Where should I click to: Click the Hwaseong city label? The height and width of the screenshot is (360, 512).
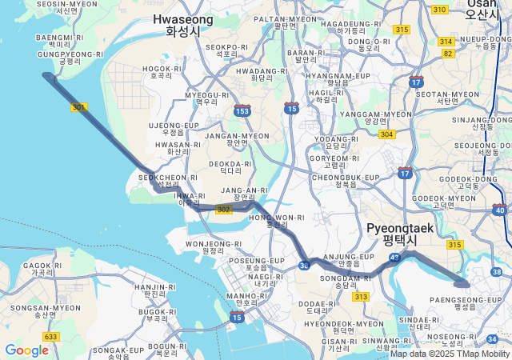(182, 25)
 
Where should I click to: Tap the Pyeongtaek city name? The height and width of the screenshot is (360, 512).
(399, 234)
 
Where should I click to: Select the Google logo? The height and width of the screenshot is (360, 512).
(26, 350)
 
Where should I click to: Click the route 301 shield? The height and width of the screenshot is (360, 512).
(78, 106)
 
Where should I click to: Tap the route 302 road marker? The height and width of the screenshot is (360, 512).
(224, 209)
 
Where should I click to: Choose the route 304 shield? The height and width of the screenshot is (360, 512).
(387, 134)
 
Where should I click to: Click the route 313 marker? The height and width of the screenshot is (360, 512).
(361, 297)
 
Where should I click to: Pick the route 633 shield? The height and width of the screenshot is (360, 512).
(51, 337)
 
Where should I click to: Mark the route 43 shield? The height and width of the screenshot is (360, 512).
(394, 258)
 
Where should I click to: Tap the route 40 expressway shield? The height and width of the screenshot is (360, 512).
(500, 210)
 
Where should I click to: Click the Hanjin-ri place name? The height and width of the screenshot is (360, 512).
(150, 290)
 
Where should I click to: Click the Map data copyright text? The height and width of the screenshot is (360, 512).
(450, 354)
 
